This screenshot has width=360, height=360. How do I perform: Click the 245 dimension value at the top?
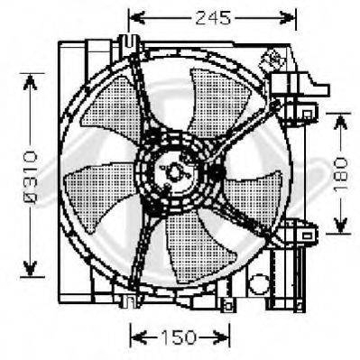[213, 18]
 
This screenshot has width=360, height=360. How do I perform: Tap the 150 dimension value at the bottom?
[179, 337]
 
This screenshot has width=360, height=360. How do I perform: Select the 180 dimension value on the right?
[341, 173]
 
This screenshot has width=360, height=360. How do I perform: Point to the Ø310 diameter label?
[30, 174]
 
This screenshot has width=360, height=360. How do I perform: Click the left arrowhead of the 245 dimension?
[137, 18]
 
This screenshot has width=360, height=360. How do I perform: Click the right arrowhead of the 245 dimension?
[288, 18]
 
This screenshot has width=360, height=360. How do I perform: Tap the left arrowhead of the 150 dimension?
[139, 337]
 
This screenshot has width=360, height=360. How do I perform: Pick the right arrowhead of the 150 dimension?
[221, 337]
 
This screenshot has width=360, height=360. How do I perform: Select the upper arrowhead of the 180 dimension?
[340, 123]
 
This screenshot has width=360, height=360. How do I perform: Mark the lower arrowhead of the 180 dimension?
[340, 225]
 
